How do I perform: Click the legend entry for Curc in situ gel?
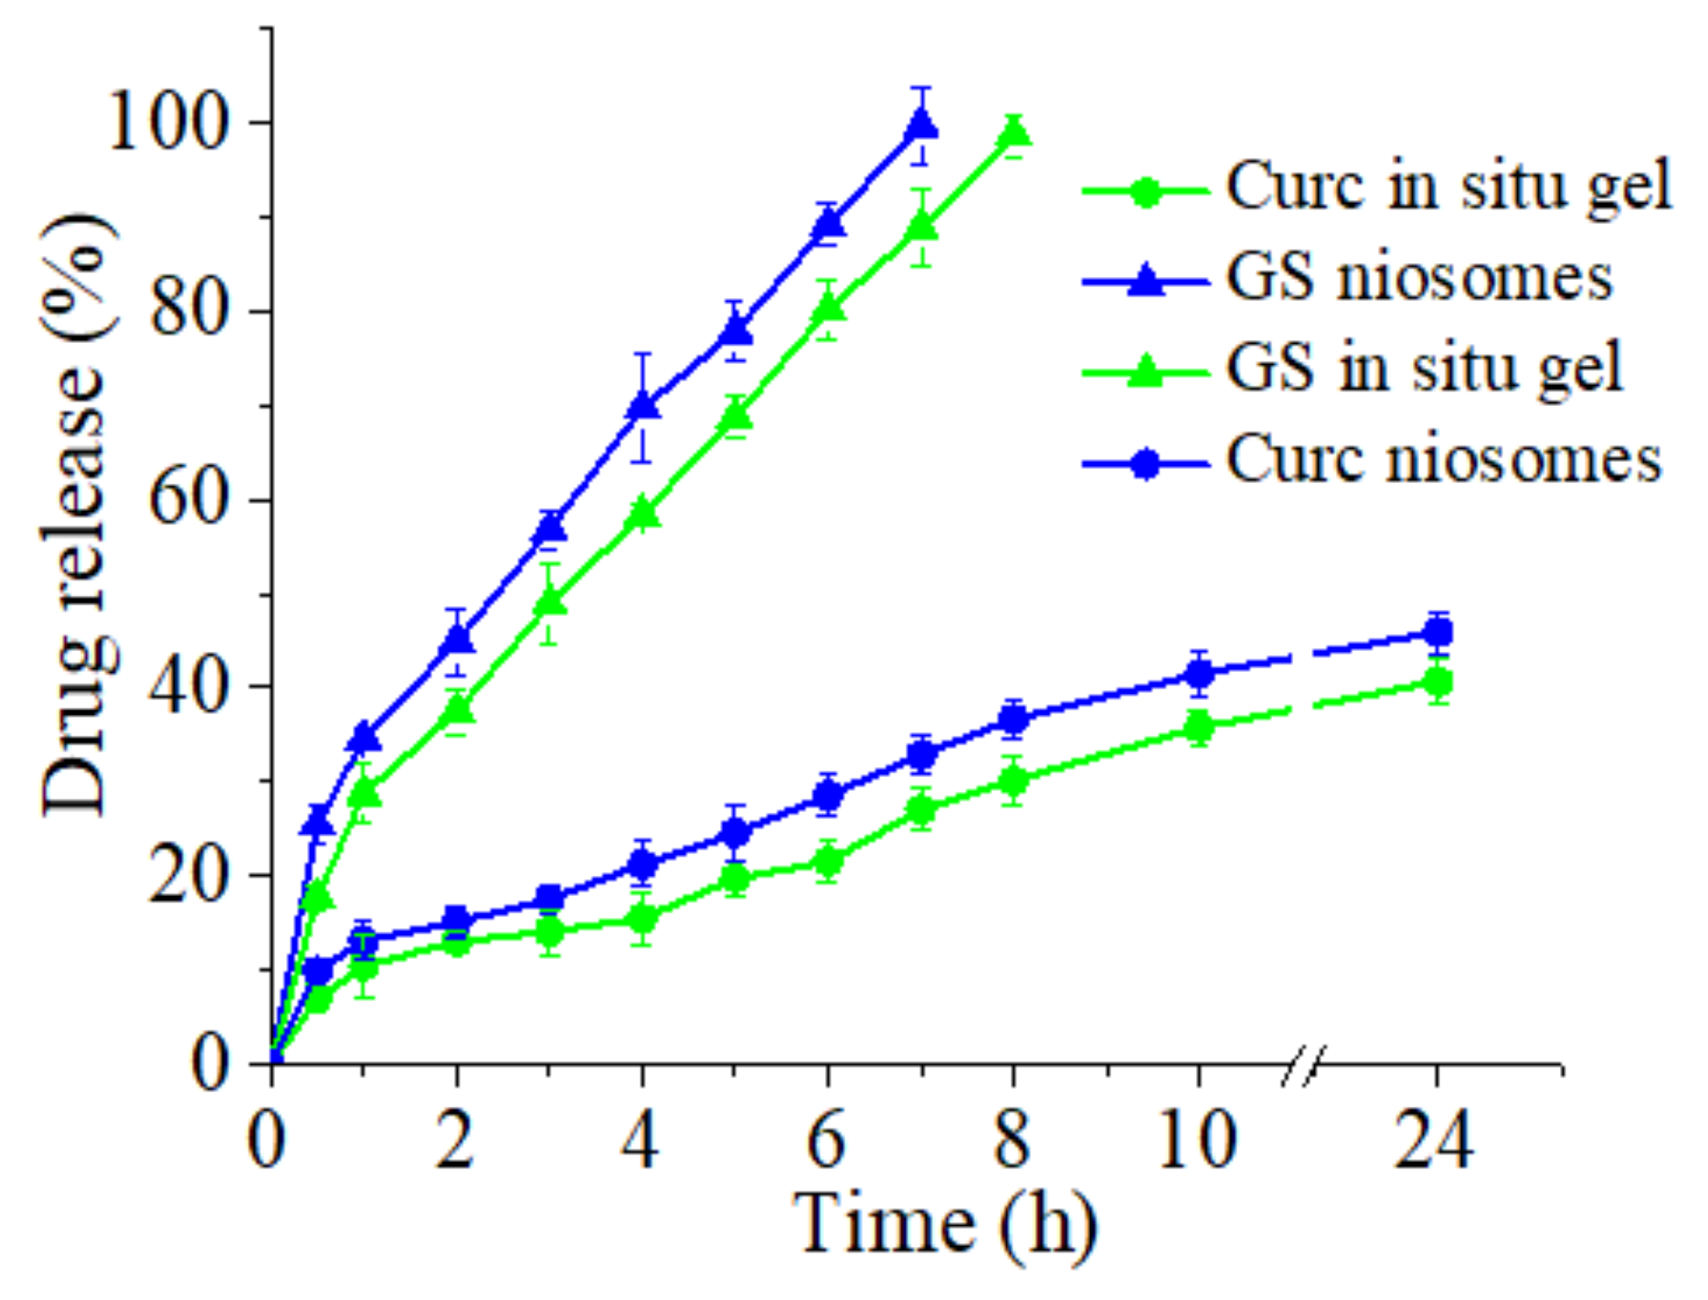pos(1448,186)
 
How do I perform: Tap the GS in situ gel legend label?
pos(1424,368)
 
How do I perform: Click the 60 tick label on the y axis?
pos(186,500)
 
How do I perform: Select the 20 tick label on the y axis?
pos(186,875)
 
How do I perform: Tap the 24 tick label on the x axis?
pos(1434,1141)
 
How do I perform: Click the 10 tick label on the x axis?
pos(1197,1141)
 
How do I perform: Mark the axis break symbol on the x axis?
pos(1303,1065)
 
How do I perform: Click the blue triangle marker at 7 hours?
pos(921,123)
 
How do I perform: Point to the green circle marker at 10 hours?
pos(1198,728)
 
